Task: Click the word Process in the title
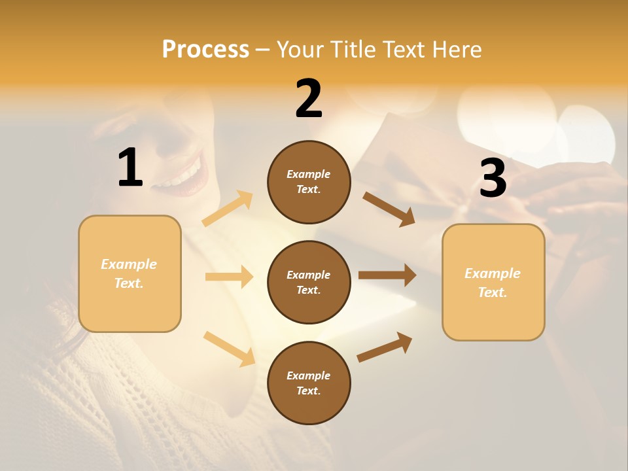[x=205, y=50]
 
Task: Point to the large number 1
[x=130, y=169]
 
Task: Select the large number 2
[x=309, y=99]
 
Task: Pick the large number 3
[x=493, y=179]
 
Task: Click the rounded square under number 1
[x=130, y=273]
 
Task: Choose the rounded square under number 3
[x=493, y=283]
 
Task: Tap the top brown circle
[x=309, y=182]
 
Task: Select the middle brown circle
[x=309, y=282]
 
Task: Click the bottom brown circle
[x=309, y=383]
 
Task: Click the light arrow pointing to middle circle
[x=229, y=277]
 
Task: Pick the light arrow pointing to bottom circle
[x=229, y=348]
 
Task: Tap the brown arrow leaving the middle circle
[x=387, y=275]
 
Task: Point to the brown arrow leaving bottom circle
[x=385, y=347]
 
